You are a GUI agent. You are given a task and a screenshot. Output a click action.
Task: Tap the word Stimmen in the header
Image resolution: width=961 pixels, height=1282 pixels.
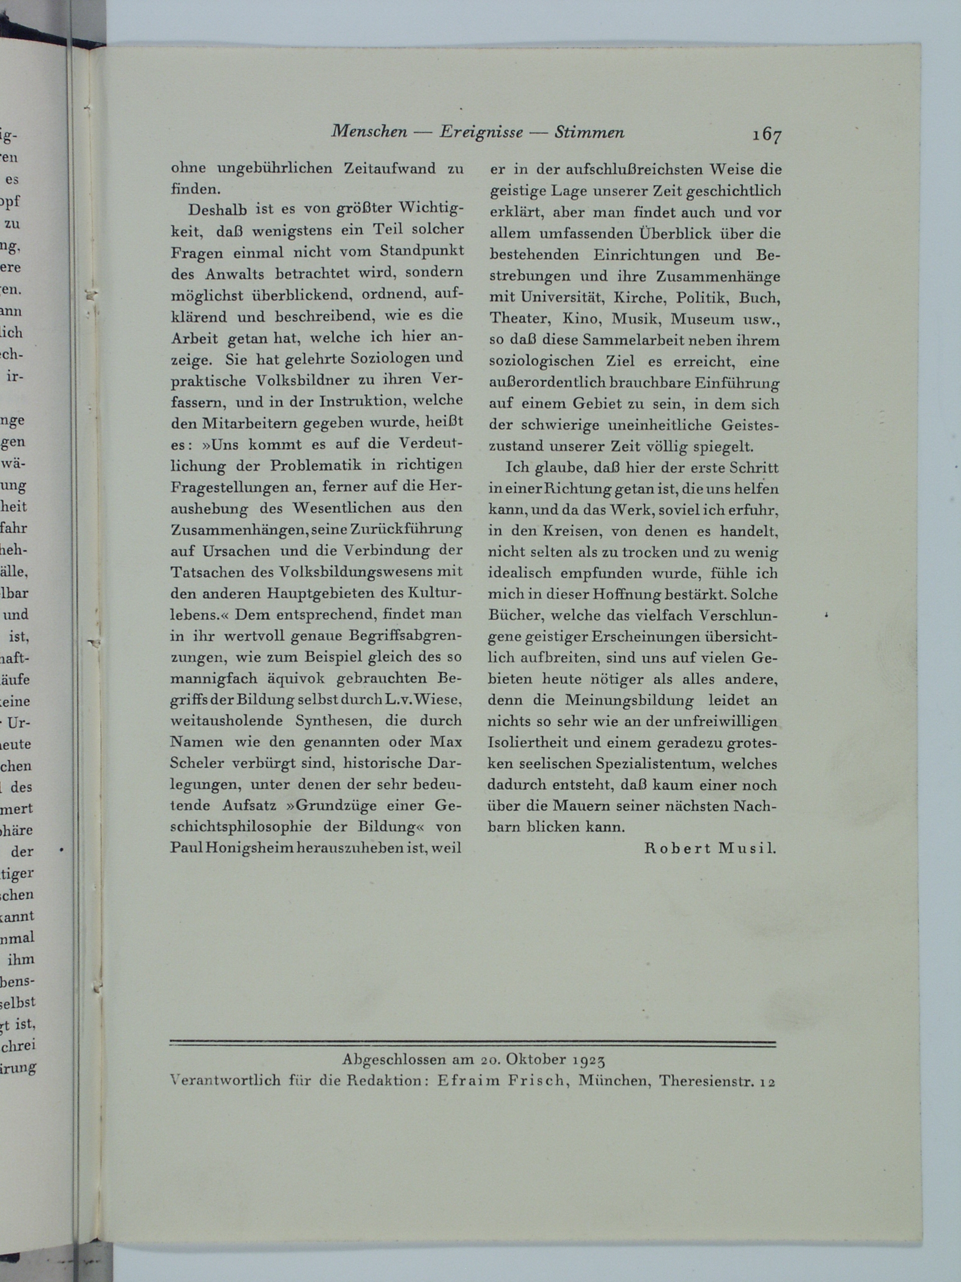click(x=589, y=133)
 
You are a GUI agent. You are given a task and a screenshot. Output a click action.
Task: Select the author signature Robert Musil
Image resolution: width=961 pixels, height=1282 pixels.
click(x=710, y=848)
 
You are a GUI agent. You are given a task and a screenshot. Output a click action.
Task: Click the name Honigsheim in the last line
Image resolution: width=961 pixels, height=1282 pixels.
click(x=250, y=848)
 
